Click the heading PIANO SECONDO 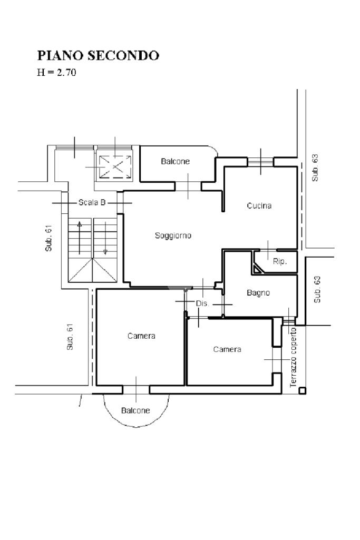coord(98,55)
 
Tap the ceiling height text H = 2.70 coord(56,72)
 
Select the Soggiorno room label coord(173,236)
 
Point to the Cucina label coord(259,205)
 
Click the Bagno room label coord(258,293)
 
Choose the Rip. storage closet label coord(280,261)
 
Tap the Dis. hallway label coord(202,304)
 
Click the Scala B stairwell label coord(92,202)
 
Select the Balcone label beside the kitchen coord(176,161)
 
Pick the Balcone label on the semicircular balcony coord(135,410)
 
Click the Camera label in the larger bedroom coord(141,336)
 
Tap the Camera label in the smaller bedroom coord(227,350)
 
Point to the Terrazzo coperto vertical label coord(293,357)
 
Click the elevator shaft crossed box coord(115,167)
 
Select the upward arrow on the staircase coord(80,238)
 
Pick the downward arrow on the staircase coord(105,238)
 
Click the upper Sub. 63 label coord(315,168)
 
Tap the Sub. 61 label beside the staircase coord(48,238)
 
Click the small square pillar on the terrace coord(302,390)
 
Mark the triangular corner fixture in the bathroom coord(257,269)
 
